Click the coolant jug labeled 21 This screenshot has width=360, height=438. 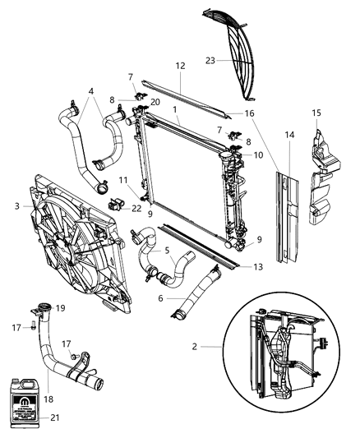pos(25,392)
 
